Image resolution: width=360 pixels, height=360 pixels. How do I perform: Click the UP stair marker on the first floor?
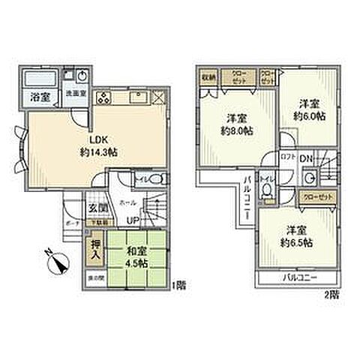132,220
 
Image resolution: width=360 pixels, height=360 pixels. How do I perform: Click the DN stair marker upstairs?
307,157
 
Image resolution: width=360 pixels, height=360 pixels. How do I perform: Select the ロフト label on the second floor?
287,157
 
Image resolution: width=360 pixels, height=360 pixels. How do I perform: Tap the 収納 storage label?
208,76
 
